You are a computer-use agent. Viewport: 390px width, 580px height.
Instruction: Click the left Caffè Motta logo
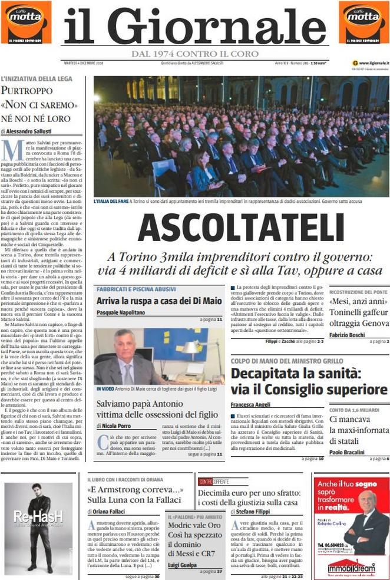(x=25, y=22)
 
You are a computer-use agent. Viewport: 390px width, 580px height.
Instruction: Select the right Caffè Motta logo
(x=363, y=22)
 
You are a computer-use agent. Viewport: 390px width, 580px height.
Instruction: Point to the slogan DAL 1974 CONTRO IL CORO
(x=195, y=54)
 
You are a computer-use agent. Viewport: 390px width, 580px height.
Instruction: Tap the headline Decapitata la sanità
(x=309, y=381)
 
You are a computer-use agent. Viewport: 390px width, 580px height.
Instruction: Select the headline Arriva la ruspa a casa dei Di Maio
(x=159, y=301)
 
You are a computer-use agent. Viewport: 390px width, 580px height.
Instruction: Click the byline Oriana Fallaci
(x=110, y=512)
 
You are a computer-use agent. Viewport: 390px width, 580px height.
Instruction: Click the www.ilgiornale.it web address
(x=372, y=63)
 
